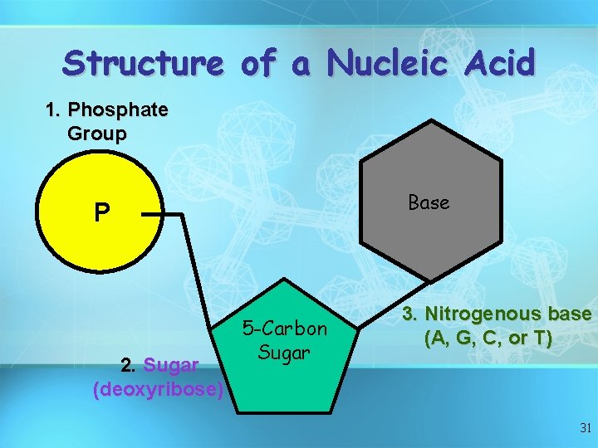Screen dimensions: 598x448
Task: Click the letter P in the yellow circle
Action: (100, 213)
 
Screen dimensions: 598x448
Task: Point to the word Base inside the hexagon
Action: (429, 202)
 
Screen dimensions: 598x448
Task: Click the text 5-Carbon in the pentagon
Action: (285, 329)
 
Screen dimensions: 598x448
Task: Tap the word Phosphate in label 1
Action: (118, 110)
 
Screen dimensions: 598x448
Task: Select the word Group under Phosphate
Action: (96, 134)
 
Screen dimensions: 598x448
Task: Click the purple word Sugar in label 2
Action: (171, 365)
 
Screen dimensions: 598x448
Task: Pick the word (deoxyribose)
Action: (158, 388)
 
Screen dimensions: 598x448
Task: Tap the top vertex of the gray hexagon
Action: (432, 120)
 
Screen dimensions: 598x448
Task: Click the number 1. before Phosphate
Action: (54, 110)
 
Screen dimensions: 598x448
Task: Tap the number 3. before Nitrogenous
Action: (410, 315)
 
